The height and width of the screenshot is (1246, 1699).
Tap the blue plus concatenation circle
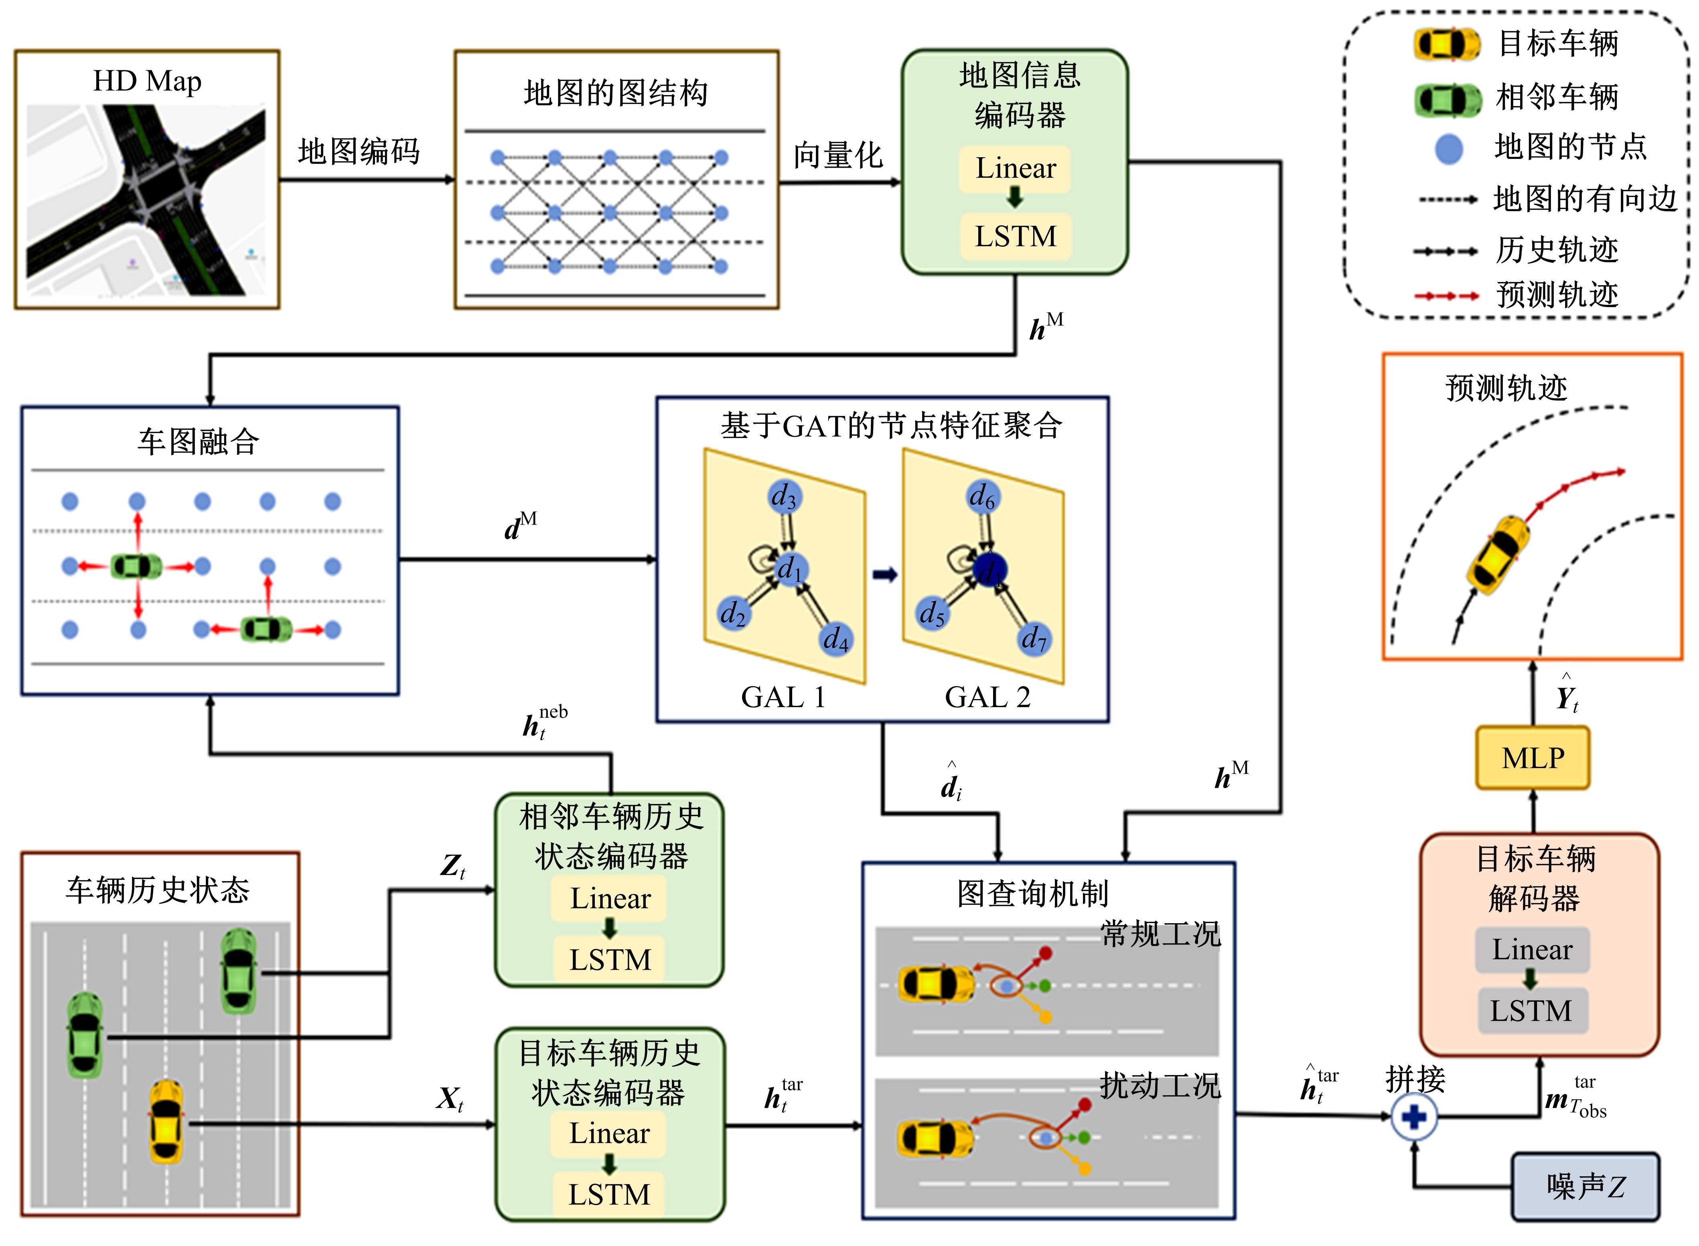click(1414, 1116)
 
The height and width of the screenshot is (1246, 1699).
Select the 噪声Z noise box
click(1585, 1186)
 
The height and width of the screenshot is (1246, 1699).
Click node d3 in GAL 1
click(785, 496)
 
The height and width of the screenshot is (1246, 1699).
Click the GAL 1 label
click(783, 697)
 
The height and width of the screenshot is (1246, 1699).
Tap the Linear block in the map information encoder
click(1016, 168)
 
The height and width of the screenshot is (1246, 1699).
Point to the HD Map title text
click(147, 81)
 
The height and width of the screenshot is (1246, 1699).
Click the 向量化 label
click(837, 155)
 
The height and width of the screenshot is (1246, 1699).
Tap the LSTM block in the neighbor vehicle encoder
click(610, 959)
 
